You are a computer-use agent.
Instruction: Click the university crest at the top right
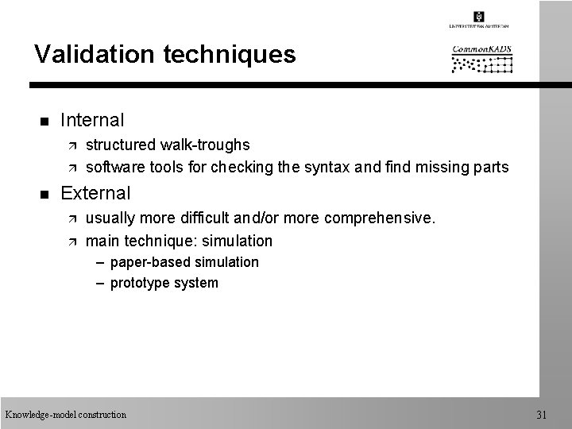click(x=479, y=16)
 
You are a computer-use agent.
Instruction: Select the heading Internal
click(x=92, y=121)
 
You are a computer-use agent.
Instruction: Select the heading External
click(x=95, y=193)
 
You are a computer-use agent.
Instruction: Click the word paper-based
click(x=148, y=262)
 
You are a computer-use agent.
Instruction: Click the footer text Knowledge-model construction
click(x=65, y=414)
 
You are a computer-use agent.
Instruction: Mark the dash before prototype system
click(x=102, y=283)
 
